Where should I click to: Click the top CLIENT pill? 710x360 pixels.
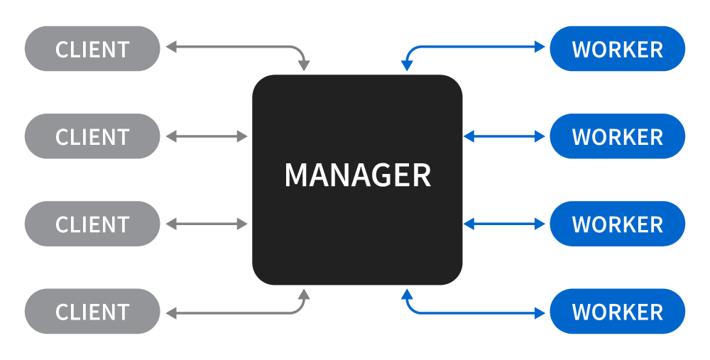(92, 49)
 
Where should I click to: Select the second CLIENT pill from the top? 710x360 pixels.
(92, 136)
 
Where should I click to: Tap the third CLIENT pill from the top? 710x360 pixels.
(92, 224)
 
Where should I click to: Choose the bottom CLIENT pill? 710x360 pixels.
(92, 312)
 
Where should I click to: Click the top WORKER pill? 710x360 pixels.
(617, 49)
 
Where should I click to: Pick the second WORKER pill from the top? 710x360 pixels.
(617, 136)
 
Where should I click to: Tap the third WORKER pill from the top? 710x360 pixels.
(617, 224)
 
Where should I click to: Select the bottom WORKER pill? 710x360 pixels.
(617, 312)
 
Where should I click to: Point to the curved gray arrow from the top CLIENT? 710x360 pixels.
(234, 48)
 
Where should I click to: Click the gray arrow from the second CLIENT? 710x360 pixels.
(207, 136)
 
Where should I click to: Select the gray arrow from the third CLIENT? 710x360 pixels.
(207, 224)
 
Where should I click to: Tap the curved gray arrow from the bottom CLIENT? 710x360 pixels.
(234, 312)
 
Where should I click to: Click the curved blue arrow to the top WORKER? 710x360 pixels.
(476, 48)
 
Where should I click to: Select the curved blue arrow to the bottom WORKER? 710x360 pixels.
(476, 312)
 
